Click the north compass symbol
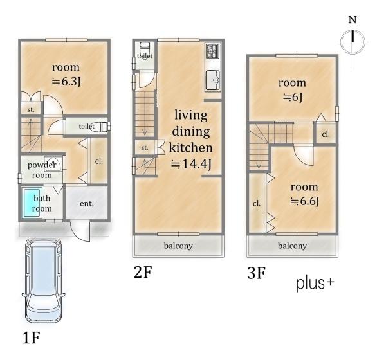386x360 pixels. pos(353,41)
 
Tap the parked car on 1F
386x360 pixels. pos(43,280)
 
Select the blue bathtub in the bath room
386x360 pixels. pos(32,203)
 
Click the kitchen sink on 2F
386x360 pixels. pos(213,80)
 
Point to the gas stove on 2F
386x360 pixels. pos(213,51)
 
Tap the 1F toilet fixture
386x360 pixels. pos(104,127)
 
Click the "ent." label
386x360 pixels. pos(87,204)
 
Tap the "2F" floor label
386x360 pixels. pos(143,272)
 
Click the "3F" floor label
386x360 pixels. pos(256,273)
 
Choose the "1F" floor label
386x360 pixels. pos(32,337)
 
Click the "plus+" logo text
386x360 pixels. pos(315,283)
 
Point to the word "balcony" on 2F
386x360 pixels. pos(178,246)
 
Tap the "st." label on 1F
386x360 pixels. pos(31,109)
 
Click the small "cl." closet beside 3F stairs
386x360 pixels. pos(326,134)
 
